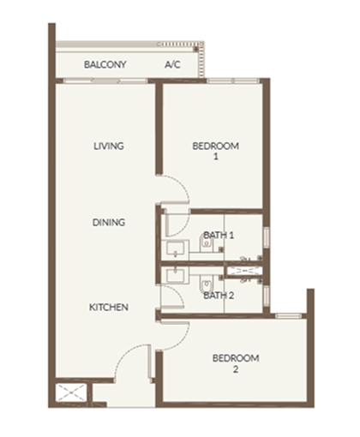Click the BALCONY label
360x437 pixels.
point(105,64)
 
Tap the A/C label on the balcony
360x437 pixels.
point(172,64)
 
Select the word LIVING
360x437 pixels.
point(109,146)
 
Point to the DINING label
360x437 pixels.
point(109,222)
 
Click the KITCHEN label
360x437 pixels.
point(109,307)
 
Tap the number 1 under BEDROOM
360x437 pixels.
point(216,157)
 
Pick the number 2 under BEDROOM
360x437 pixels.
point(236,369)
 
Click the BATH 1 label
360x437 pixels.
point(219,235)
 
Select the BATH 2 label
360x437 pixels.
point(219,295)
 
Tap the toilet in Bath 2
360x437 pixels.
point(206,284)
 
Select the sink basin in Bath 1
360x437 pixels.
point(175,248)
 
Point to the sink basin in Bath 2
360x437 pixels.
point(175,275)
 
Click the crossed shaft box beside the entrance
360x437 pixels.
point(71,392)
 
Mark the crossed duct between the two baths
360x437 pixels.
point(243,272)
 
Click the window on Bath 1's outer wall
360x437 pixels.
point(267,237)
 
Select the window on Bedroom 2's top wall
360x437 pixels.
point(288,315)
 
